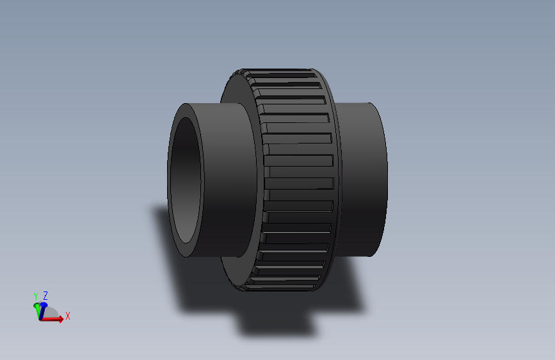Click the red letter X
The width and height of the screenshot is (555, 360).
coord(67,316)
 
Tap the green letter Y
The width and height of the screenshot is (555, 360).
coord(36,296)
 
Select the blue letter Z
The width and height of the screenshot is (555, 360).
coord(45,295)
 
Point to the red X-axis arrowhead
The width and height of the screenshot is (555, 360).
coord(60,319)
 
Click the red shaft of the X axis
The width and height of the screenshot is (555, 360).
coord(50,318)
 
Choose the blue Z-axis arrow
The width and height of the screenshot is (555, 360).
coord(44,306)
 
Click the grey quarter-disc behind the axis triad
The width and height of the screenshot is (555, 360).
coord(52,313)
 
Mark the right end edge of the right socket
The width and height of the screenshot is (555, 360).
coord(386,179)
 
